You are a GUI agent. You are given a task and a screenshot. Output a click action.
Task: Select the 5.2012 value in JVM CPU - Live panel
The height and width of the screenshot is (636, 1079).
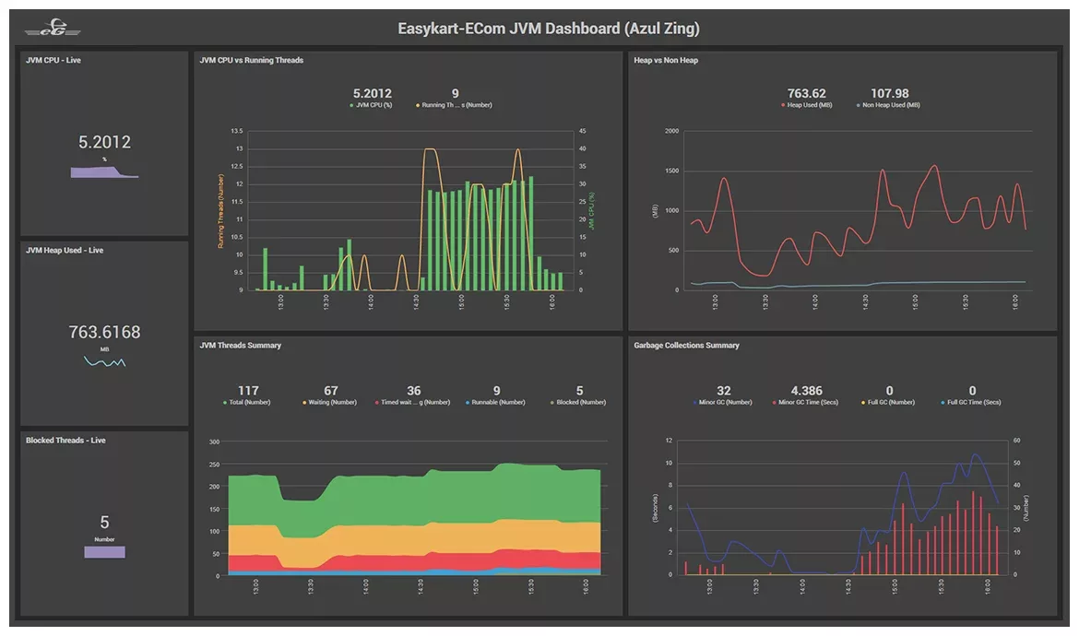pyautogui.click(x=104, y=142)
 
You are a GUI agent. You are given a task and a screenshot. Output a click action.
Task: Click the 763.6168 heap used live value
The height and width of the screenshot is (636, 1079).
pyautogui.click(x=104, y=332)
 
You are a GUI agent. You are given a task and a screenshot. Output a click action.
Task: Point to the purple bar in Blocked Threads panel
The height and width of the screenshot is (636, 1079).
pyautogui.click(x=104, y=552)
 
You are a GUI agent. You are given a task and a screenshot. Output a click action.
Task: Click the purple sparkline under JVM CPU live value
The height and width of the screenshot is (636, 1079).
pyautogui.click(x=104, y=171)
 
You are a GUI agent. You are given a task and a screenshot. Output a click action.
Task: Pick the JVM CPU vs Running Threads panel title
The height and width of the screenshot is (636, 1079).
pyautogui.click(x=251, y=61)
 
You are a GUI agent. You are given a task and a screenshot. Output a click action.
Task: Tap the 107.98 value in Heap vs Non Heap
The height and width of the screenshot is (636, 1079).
pyautogui.click(x=889, y=93)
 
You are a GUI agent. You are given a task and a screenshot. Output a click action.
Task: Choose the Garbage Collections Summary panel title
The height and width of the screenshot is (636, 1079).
pyautogui.click(x=686, y=346)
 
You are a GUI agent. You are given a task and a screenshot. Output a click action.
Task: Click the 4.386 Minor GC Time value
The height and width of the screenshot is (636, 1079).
pyautogui.click(x=806, y=391)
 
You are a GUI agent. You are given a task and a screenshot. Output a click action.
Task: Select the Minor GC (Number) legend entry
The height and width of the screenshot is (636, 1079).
pyautogui.click(x=723, y=403)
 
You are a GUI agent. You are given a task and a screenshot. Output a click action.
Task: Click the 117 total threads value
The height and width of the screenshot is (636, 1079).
pyautogui.click(x=248, y=391)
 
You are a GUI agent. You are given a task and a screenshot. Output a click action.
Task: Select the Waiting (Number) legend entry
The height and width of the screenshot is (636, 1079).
pyautogui.click(x=330, y=403)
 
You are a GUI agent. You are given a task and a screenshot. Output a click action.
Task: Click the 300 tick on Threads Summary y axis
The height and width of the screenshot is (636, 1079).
pyautogui.click(x=213, y=442)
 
